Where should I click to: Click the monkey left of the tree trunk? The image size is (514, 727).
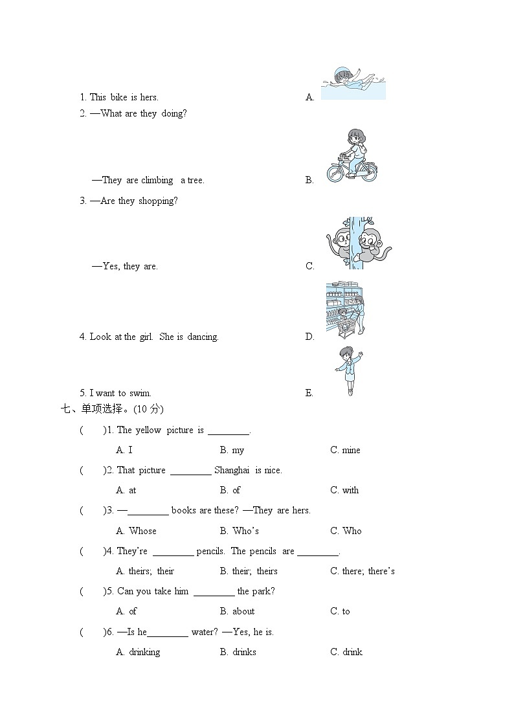339,243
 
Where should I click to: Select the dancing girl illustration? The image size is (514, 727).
350,371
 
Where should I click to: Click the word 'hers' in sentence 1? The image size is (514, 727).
149,97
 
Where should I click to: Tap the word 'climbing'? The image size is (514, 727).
157,181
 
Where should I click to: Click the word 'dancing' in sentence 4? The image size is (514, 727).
203,337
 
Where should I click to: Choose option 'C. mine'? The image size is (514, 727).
345,450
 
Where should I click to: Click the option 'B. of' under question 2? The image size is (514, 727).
230,490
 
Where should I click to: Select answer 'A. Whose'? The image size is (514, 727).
136,531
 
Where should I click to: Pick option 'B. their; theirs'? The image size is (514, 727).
249,571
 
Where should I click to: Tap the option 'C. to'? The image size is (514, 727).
341,611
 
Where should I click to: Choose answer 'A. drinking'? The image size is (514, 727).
138,652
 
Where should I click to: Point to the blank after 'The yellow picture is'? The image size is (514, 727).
229,434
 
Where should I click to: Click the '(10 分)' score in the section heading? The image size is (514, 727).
148,409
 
